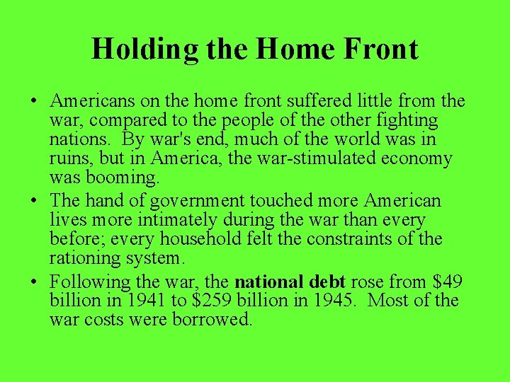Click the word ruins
[x=69, y=158]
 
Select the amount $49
[x=445, y=282]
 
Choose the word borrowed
[x=212, y=320]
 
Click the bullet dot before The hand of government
[x=34, y=201]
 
